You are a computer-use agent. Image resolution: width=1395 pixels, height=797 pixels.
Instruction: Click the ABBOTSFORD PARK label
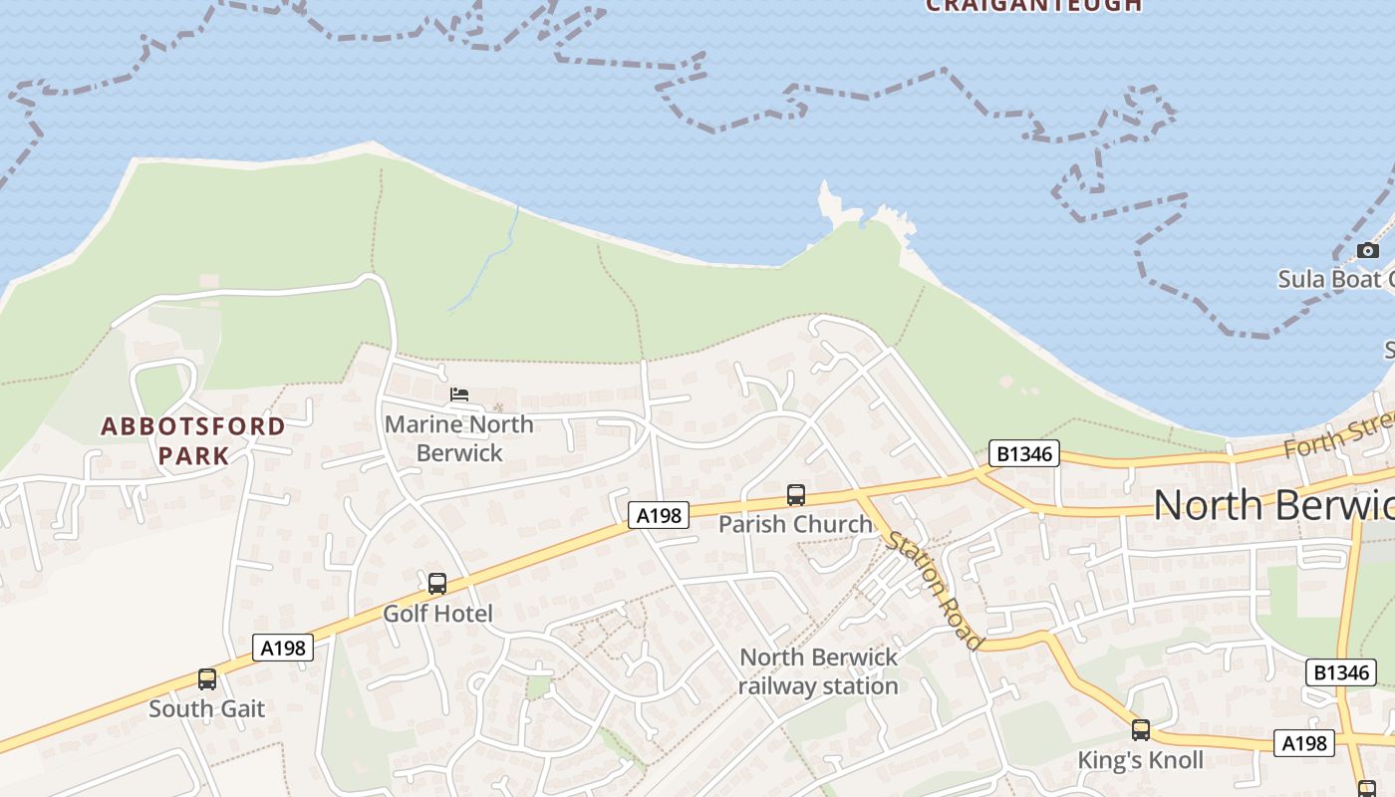[x=193, y=441]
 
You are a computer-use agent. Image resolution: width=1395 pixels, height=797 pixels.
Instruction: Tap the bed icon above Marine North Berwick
[x=459, y=395]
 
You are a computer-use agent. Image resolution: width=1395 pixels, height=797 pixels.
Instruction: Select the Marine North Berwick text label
[x=459, y=438]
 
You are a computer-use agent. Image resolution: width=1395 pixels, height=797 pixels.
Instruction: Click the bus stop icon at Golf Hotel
[x=437, y=584]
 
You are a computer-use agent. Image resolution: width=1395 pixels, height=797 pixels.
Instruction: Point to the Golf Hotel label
[x=438, y=614]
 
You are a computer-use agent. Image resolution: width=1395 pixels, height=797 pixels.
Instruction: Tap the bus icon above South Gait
[x=207, y=679]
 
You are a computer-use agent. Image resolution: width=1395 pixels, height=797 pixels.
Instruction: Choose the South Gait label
[x=207, y=709]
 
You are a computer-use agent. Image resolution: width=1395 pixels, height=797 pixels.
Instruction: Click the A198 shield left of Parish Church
[x=659, y=515]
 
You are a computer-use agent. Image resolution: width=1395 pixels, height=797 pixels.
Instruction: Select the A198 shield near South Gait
[x=283, y=649]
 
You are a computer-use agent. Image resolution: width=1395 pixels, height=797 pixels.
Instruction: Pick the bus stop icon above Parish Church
[x=796, y=494]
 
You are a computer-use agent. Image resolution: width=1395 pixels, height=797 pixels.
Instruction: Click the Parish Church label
[x=795, y=524]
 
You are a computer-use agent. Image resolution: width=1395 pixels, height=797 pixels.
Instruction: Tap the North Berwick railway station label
[x=819, y=671]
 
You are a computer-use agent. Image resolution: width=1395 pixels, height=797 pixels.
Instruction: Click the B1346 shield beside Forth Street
[x=1023, y=453]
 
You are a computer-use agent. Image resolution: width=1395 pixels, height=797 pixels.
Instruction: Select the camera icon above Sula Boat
[x=1368, y=250]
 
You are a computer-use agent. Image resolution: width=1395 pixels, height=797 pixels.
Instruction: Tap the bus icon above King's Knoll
[x=1141, y=730]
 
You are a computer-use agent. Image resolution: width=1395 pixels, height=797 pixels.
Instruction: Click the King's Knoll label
[x=1141, y=760]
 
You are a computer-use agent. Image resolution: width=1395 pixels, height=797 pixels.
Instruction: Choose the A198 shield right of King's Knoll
[x=1303, y=743]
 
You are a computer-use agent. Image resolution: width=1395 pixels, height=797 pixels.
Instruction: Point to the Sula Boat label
[x=1335, y=279]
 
